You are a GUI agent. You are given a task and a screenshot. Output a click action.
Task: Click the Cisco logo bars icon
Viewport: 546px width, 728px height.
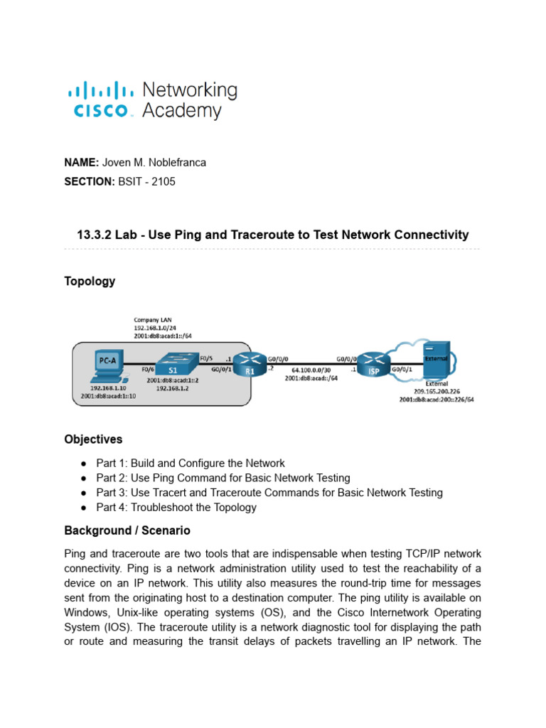click(x=100, y=90)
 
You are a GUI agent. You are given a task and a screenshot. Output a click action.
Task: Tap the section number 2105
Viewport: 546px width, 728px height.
click(x=163, y=181)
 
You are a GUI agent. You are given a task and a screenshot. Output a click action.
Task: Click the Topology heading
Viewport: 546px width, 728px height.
click(x=90, y=281)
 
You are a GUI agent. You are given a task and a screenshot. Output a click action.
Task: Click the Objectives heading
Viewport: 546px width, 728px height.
click(x=93, y=439)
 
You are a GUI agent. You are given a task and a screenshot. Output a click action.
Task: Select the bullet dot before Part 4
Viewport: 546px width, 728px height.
click(x=84, y=508)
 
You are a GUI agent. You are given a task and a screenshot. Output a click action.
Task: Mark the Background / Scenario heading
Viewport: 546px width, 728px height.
click(x=127, y=530)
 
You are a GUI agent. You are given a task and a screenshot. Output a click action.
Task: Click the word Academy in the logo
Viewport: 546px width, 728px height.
click(x=182, y=111)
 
